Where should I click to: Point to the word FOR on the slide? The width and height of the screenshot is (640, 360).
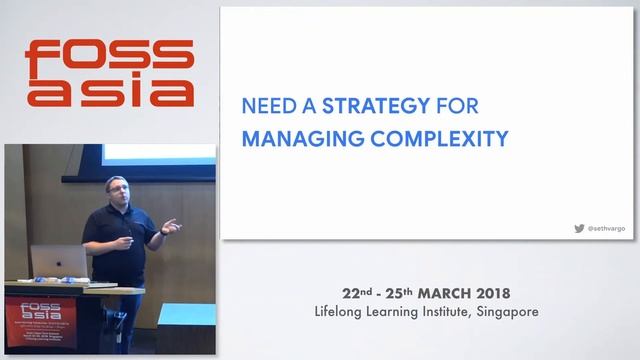coord(460,104)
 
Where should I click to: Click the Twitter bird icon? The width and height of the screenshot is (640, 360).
coord(579,228)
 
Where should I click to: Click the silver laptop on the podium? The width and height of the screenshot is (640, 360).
coord(59,263)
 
